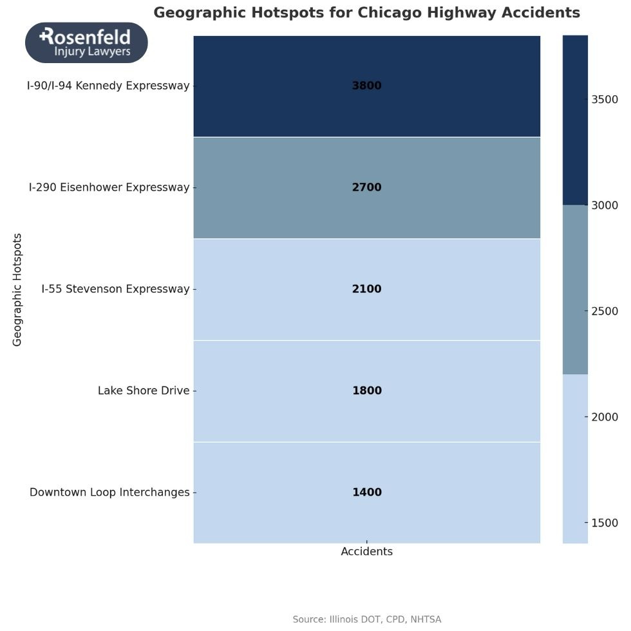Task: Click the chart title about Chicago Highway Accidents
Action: [366, 13]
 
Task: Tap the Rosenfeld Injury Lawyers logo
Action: [86, 42]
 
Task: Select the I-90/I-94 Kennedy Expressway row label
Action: [108, 86]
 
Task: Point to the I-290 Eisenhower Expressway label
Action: [109, 187]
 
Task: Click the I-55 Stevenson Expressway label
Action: [115, 289]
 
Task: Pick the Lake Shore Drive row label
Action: [144, 391]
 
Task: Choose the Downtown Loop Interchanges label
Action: [109, 493]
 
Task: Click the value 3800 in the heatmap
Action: [366, 86]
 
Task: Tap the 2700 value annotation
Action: [366, 187]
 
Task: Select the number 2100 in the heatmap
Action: [366, 289]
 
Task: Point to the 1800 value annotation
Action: [366, 391]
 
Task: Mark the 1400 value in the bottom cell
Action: [366, 493]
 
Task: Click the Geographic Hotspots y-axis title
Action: [17, 289]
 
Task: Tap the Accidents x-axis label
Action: [366, 552]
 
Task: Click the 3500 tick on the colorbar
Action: [605, 99]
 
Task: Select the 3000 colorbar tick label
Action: [605, 205]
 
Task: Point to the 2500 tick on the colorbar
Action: [605, 311]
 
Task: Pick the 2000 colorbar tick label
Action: [605, 417]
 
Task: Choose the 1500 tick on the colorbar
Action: [605, 523]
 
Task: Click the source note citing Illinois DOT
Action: [366, 619]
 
